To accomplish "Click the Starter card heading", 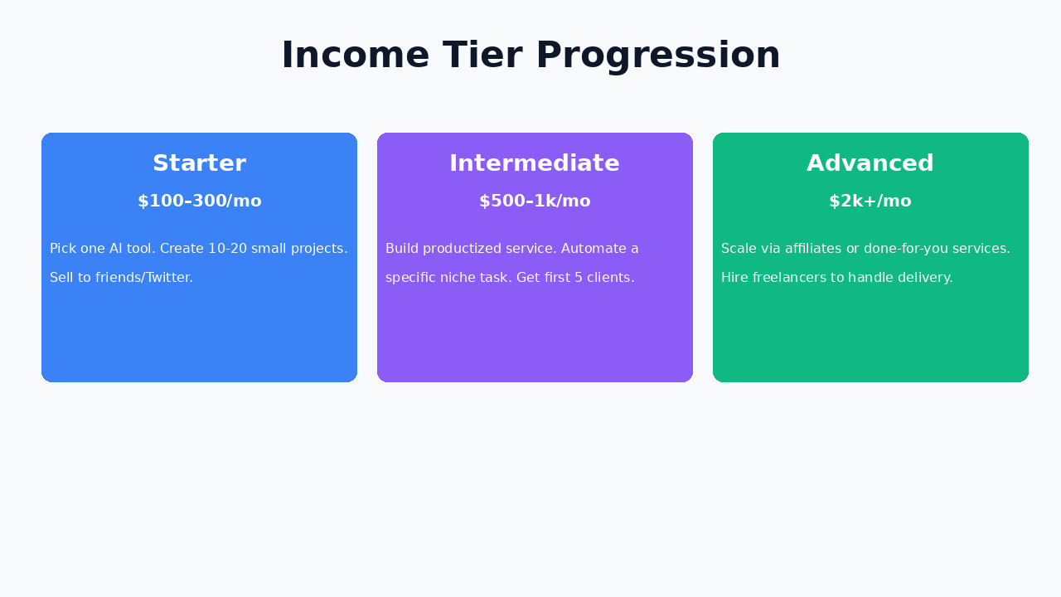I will pos(199,163).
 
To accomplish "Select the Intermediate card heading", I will pos(535,163).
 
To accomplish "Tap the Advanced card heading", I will pos(870,163).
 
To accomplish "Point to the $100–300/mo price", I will pos(199,201).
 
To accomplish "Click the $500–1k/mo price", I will pos(535,201).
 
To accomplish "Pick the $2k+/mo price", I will pos(870,201).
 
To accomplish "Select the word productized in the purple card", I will pos(464,249).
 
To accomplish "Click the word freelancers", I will pos(792,278).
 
